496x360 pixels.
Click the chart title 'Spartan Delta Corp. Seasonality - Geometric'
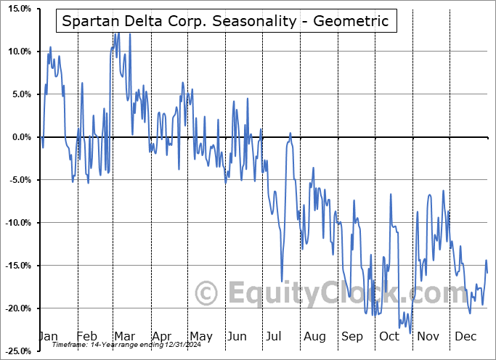pyautogui.click(x=225, y=22)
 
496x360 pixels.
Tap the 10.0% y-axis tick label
pyautogui.click(x=18, y=52)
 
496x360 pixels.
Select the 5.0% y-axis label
pyautogui.click(x=20, y=94)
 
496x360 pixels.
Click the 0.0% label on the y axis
pyautogui.click(x=20, y=137)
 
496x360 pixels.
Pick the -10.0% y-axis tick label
pyautogui.click(x=17, y=223)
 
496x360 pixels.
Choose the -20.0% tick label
pyautogui.click(x=17, y=308)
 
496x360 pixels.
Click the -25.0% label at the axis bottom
pyautogui.click(x=17, y=351)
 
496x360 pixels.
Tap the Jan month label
pyautogui.click(x=47, y=336)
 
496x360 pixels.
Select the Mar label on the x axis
pyautogui.click(x=123, y=336)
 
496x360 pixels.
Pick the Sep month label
pyautogui.click(x=352, y=336)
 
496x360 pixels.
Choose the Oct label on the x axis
pyautogui.click(x=389, y=336)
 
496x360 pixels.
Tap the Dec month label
pyautogui.click(x=465, y=336)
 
